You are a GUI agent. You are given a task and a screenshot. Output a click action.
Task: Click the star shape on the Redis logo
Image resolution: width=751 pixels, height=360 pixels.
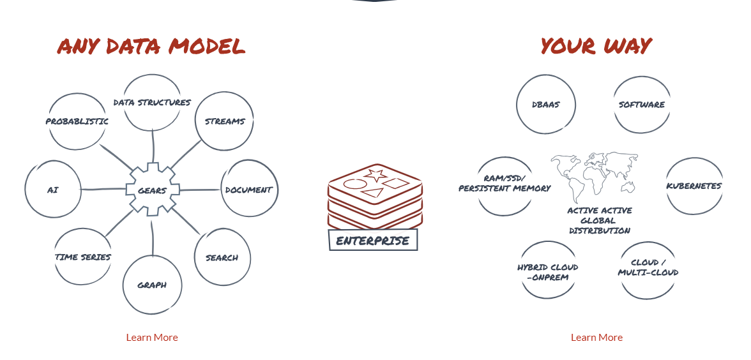375,175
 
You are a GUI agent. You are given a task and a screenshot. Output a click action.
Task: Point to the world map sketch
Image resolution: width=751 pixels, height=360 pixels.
595,177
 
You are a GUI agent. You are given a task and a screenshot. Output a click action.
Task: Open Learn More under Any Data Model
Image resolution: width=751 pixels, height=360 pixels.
152,338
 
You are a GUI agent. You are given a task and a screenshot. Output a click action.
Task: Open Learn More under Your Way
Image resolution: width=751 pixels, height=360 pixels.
596,338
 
